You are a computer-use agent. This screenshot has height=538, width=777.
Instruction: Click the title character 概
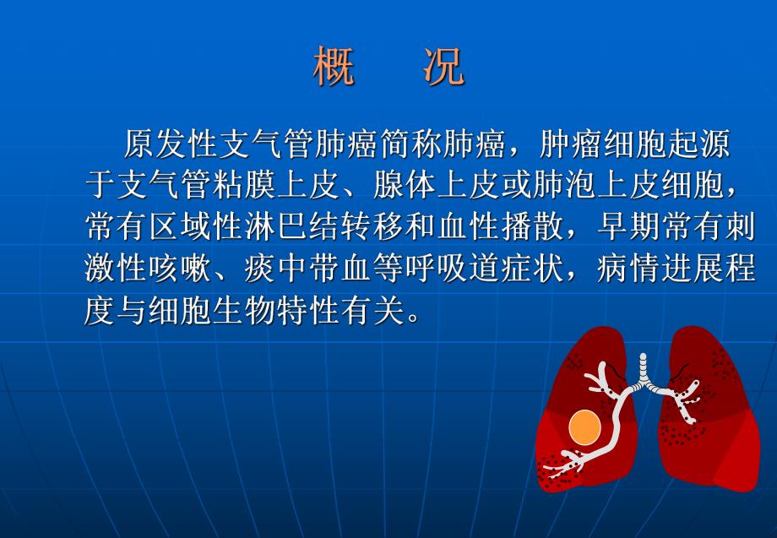coord(334,67)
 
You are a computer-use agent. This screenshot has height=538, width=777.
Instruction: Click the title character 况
coord(444,67)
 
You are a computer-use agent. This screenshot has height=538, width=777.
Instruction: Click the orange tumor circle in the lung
coord(584,428)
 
